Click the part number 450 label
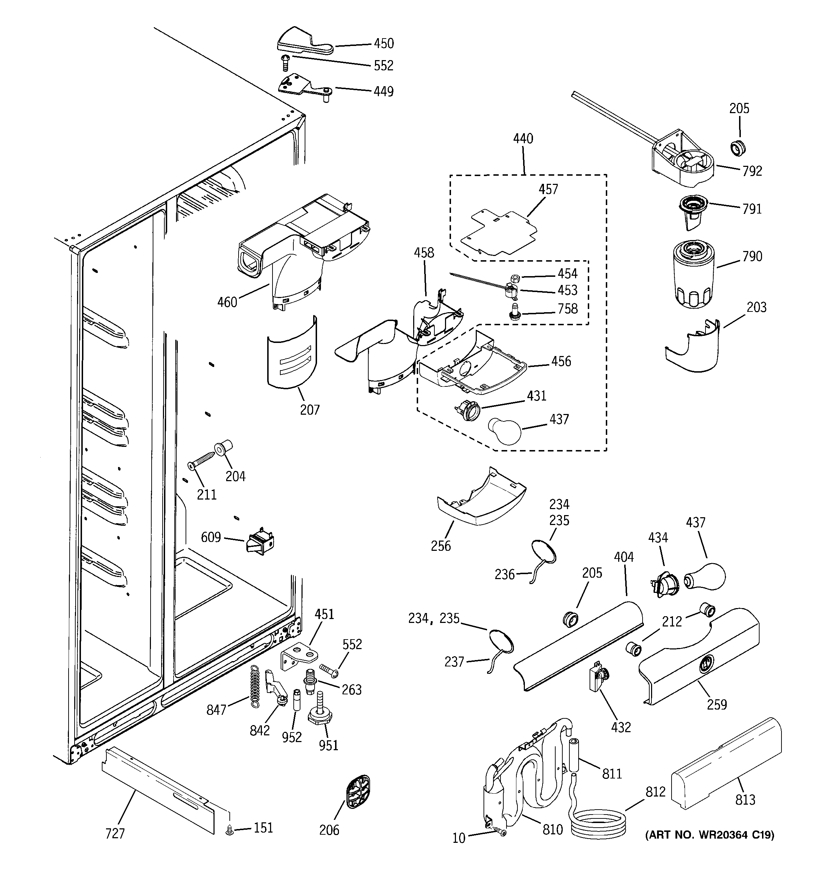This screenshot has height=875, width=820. (x=384, y=43)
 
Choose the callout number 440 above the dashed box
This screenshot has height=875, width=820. (x=523, y=139)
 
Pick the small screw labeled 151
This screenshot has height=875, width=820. (x=229, y=830)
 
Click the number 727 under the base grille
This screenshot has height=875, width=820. (x=115, y=833)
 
